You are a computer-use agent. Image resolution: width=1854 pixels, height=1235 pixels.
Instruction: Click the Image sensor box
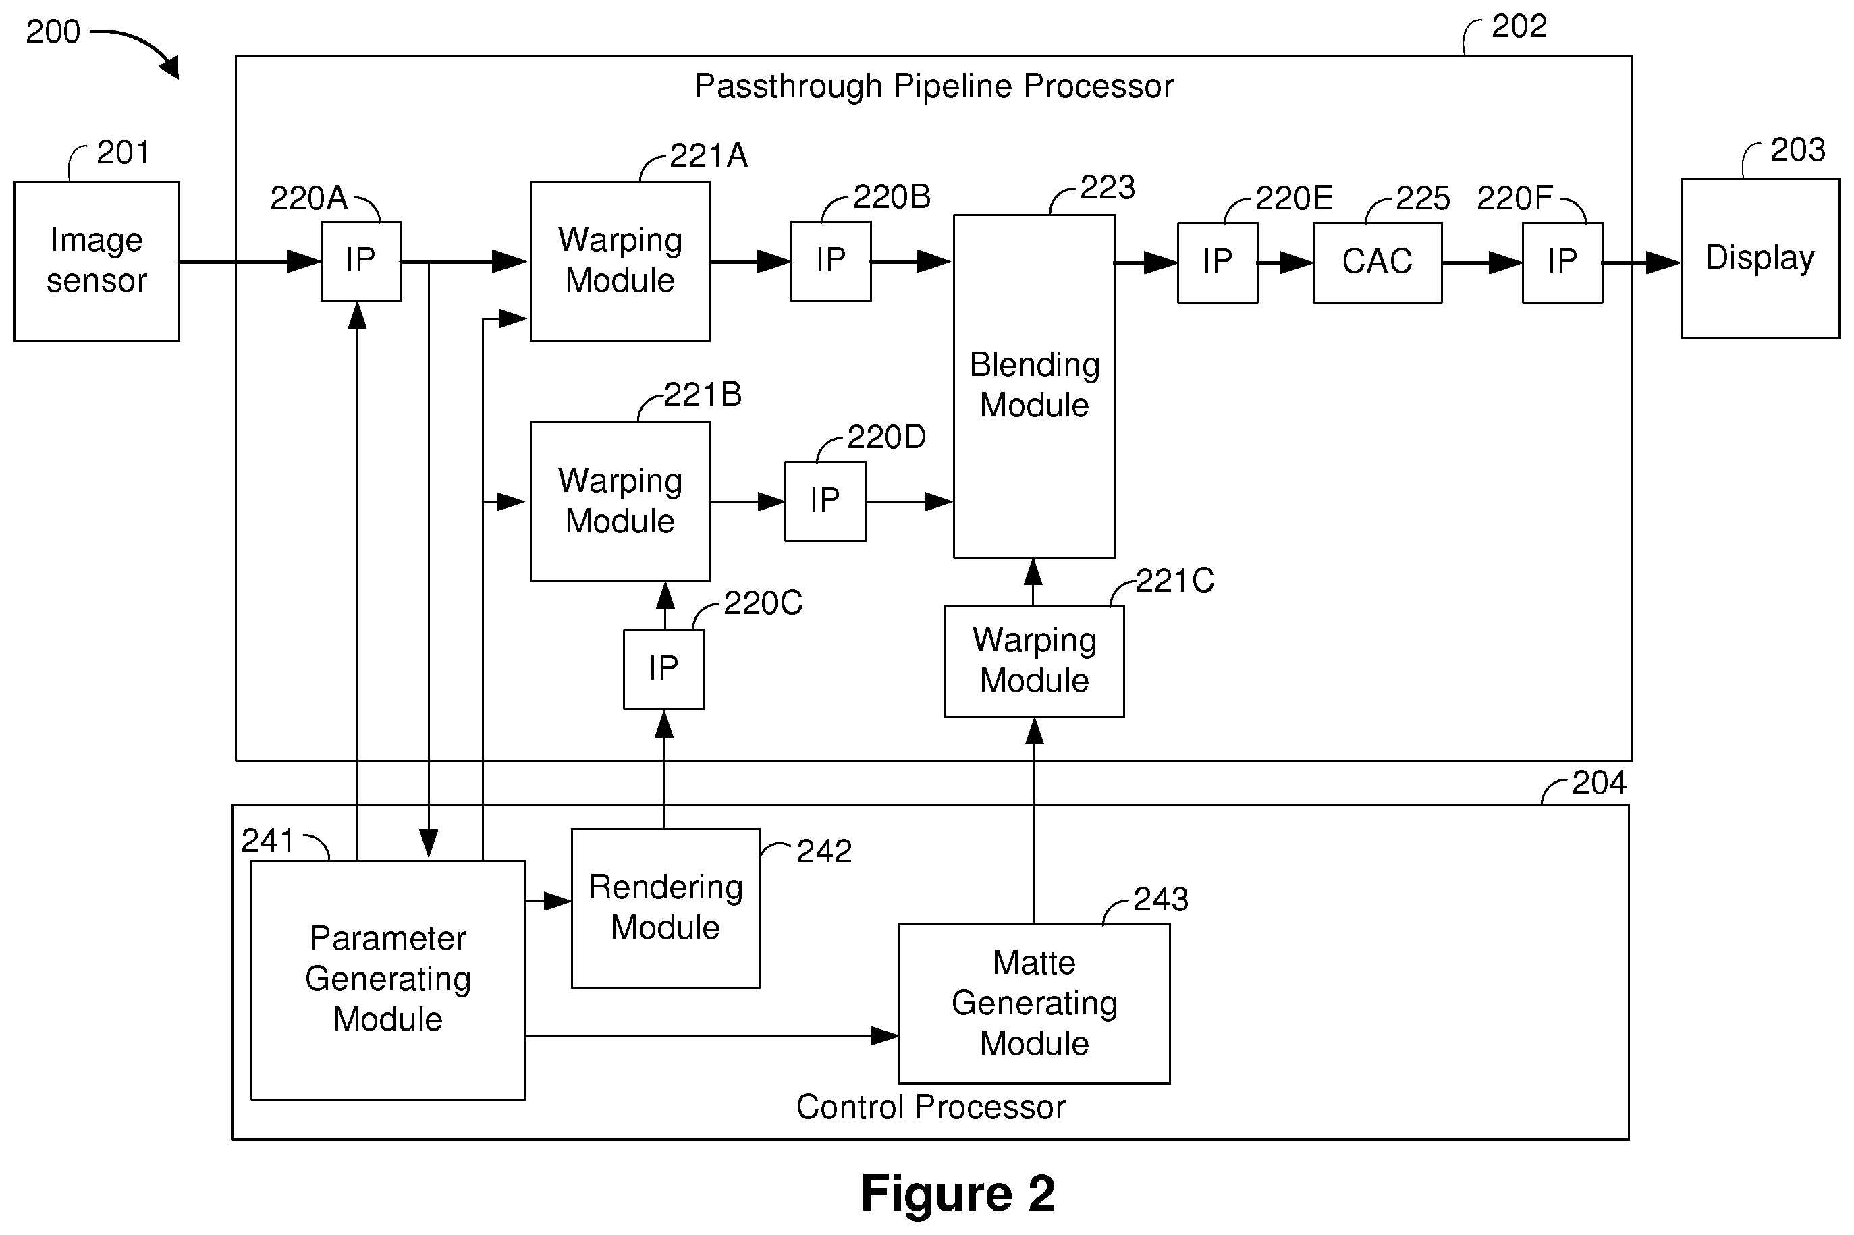(x=97, y=261)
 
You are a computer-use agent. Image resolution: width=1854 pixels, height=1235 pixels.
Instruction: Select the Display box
(x=1760, y=259)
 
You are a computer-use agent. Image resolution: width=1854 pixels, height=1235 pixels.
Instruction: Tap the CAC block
(x=1377, y=263)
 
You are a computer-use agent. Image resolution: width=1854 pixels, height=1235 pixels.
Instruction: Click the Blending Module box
(x=1034, y=386)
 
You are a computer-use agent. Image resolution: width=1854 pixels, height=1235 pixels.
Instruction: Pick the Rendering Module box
(x=665, y=908)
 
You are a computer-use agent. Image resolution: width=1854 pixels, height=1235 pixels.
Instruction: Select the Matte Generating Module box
(x=1034, y=1004)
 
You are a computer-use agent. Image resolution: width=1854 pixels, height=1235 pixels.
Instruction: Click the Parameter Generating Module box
(x=387, y=980)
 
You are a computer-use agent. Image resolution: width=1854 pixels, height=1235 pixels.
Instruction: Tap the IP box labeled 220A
(x=360, y=261)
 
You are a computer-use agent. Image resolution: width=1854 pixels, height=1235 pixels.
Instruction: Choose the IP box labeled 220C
(x=663, y=669)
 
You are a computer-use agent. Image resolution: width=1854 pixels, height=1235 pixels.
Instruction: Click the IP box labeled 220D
(x=825, y=501)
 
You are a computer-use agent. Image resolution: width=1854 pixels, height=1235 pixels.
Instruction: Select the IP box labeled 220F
(x=1562, y=263)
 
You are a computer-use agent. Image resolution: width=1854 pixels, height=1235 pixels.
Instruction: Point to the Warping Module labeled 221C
(x=1034, y=661)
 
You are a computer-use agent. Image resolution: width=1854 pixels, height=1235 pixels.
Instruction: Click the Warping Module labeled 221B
(x=620, y=501)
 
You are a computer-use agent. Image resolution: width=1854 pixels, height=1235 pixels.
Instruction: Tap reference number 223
(x=1107, y=188)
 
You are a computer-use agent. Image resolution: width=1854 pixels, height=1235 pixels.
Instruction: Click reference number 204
(x=1599, y=783)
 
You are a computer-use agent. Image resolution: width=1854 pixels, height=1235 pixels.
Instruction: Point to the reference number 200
(x=53, y=32)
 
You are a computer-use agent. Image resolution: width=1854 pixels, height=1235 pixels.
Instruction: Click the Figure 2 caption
(x=958, y=1192)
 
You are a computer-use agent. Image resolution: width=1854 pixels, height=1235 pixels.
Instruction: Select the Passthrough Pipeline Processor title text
(x=933, y=86)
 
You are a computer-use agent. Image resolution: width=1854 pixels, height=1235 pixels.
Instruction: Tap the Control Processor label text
(x=930, y=1107)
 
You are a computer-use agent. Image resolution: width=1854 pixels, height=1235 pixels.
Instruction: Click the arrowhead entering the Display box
(x=1664, y=263)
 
